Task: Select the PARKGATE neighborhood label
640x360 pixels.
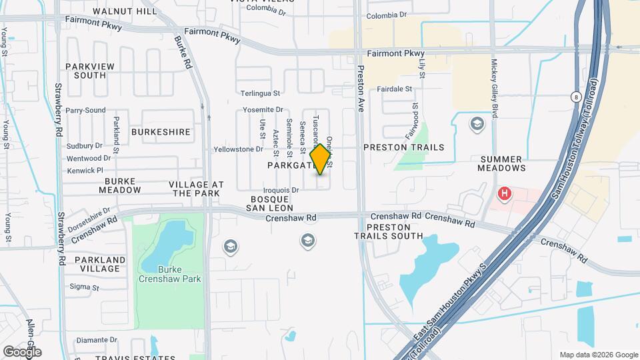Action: click(x=290, y=165)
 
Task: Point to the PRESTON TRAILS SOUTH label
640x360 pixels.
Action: click(x=388, y=231)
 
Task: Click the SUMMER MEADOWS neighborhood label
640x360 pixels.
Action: click(x=511, y=163)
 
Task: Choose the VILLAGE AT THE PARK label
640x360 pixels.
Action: click(x=195, y=188)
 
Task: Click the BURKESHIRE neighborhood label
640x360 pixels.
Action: click(x=161, y=132)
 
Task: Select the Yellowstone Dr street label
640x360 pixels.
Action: click(x=238, y=149)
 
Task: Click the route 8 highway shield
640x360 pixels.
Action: click(x=575, y=97)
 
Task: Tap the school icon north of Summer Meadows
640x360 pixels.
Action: click(x=477, y=124)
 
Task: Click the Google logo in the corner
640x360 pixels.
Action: click(x=22, y=351)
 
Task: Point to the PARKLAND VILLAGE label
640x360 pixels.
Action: click(x=100, y=264)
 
